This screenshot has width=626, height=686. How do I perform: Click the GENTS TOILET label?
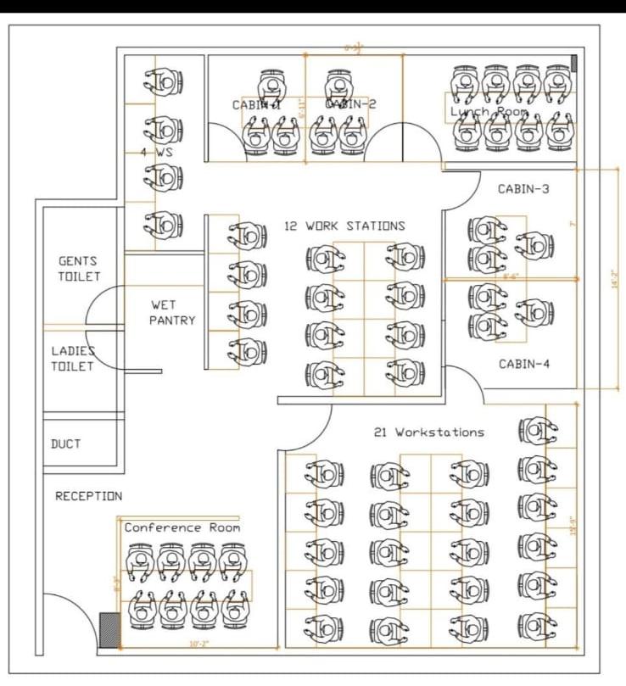pyautogui.click(x=78, y=269)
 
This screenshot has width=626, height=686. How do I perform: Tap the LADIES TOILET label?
pyautogui.click(x=72, y=358)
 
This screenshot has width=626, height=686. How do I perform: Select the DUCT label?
pyautogui.click(x=65, y=443)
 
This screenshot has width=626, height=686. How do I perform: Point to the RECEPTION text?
pyautogui.click(x=88, y=496)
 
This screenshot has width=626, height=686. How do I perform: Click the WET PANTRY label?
pyautogui.click(x=172, y=312)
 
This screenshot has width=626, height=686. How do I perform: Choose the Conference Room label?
pyautogui.click(x=182, y=527)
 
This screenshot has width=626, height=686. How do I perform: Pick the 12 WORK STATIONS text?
pyautogui.click(x=344, y=226)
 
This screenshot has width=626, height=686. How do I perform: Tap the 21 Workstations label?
pyautogui.click(x=428, y=432)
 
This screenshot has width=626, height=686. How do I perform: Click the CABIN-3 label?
pyautogui.click(x=523, y=189)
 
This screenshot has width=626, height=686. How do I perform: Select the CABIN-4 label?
pyautogui.click(x=524, y=364)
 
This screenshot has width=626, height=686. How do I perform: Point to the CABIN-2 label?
pyautogui.click(x=350, y=103)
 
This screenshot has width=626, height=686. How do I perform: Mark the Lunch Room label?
pyautogui.click(x=489, y=111)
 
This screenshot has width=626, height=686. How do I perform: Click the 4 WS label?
pyautogui.click(x=157, y=153)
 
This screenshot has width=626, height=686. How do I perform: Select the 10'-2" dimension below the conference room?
pyautogui.click(x=198, y=644)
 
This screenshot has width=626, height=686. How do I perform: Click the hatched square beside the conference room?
pyautogui.click(x=109, y=631)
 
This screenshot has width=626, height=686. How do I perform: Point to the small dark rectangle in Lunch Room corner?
pyautogui.click(x=574, y=63)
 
